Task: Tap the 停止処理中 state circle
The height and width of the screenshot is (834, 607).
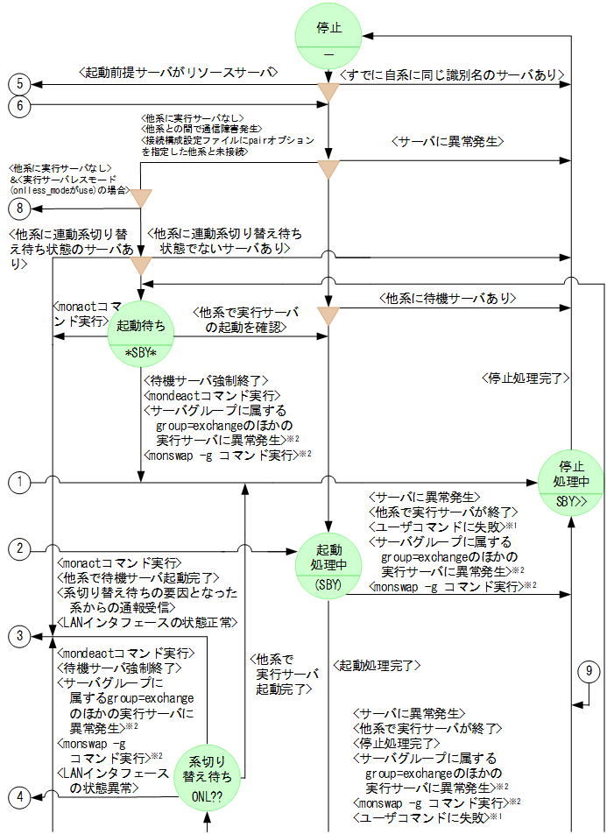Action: coord(571,483)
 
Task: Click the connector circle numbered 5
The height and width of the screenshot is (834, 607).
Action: coord(19,84)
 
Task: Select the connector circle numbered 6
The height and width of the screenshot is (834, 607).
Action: coord(19,105)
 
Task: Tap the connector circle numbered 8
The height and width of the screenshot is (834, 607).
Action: coord(19,208)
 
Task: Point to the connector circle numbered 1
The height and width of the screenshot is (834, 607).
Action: coord(19,482)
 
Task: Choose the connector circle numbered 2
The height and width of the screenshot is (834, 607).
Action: coord(19,550)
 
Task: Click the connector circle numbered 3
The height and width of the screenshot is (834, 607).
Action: coord(19,636)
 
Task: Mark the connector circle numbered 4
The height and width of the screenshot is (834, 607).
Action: coord(19,796)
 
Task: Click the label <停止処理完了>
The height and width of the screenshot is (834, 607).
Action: coord(526,378)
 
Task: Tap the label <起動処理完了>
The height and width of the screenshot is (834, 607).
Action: coord(378,666)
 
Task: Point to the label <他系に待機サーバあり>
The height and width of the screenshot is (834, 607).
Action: coord(448,299)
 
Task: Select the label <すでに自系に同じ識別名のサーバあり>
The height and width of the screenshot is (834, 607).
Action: coord(450,75)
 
